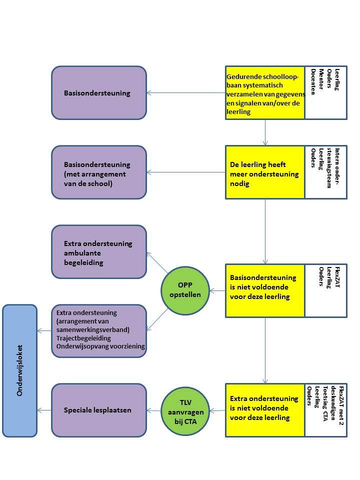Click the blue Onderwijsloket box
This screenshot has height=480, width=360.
click(x=19, y=370)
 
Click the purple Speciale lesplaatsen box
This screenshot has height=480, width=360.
click(x=99, y=410)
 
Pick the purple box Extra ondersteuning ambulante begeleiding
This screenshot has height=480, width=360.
click(x=99, y=251)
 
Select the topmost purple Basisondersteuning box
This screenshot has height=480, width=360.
click(x=99, y=93)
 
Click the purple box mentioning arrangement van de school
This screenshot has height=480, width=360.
click(x=99, y=172)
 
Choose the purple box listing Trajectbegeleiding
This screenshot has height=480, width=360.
click(x=99, y=331)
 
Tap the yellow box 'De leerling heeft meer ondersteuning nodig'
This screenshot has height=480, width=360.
click(x=265, y=172)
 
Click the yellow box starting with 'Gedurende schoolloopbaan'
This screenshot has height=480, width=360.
click(x=265, y=93)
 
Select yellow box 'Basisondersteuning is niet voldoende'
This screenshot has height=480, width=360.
click(x=265, y=290)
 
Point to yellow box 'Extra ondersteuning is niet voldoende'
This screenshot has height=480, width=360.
click(x=265, y=410)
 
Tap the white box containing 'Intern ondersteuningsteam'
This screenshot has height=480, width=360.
click(x=326, y=172)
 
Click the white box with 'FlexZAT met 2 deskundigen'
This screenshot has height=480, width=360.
click(x=326, y=410)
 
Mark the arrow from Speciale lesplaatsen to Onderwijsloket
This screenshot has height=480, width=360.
click(x=44, y=410)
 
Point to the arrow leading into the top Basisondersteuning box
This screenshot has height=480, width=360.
click(x=185, y=93)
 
